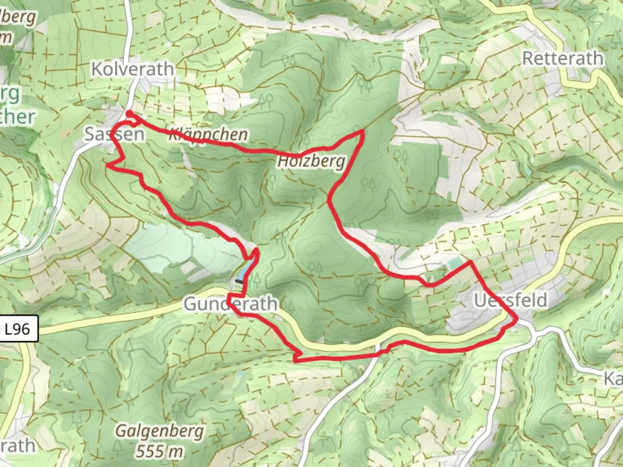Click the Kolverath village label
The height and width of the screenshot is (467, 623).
coord(132,69)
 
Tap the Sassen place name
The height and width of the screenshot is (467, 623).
coord(114,134)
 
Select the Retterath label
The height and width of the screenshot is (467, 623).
coord(562,58)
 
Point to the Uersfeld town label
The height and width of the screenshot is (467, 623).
coord(511,300)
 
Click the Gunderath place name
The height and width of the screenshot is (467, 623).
coord(230,304)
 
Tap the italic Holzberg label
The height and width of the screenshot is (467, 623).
coord(312,162)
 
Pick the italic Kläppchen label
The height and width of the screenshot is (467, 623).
coord(208,134)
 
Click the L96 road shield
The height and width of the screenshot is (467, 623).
coord(18,329)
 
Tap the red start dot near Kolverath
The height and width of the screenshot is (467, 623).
coord(129,114)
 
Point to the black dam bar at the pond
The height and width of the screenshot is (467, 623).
coord(238,281)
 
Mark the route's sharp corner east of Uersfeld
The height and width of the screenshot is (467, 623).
coord(517,320)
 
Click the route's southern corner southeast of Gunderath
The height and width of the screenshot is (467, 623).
coord(295,359)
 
